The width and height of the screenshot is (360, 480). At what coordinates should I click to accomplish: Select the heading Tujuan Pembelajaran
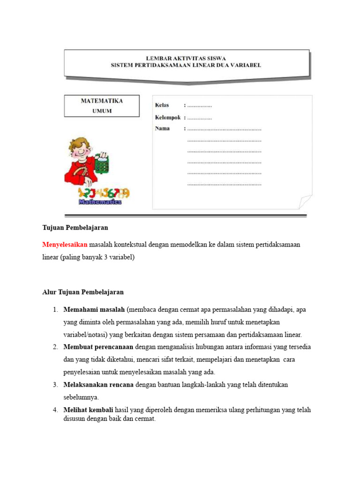[75, 227]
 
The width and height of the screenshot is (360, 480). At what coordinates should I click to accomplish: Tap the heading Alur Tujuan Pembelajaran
[83, 292]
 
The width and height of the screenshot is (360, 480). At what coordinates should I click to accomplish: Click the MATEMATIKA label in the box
[102, 101]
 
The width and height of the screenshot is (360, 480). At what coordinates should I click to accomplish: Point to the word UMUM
[102, 111]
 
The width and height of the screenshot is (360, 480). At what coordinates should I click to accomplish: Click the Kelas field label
[162, 105]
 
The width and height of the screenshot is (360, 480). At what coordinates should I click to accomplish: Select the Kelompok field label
[168, 117]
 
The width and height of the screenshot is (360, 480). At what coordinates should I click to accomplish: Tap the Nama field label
[162, 128]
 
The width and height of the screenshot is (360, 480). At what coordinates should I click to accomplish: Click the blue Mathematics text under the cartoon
[100, 202]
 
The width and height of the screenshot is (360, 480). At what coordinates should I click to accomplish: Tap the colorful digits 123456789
[104, 193]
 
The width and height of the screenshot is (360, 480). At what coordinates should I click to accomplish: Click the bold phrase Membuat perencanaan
[98, 347]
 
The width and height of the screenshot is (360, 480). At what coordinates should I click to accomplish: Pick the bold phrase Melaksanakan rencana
[98, 384]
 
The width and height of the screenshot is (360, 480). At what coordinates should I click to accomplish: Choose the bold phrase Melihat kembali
[87, 410]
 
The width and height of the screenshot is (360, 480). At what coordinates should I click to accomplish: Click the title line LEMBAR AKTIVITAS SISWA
[186, 58]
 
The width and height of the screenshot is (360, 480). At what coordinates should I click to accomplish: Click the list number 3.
[55, 384]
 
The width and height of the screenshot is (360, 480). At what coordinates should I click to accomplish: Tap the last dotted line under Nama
[224, 185]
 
